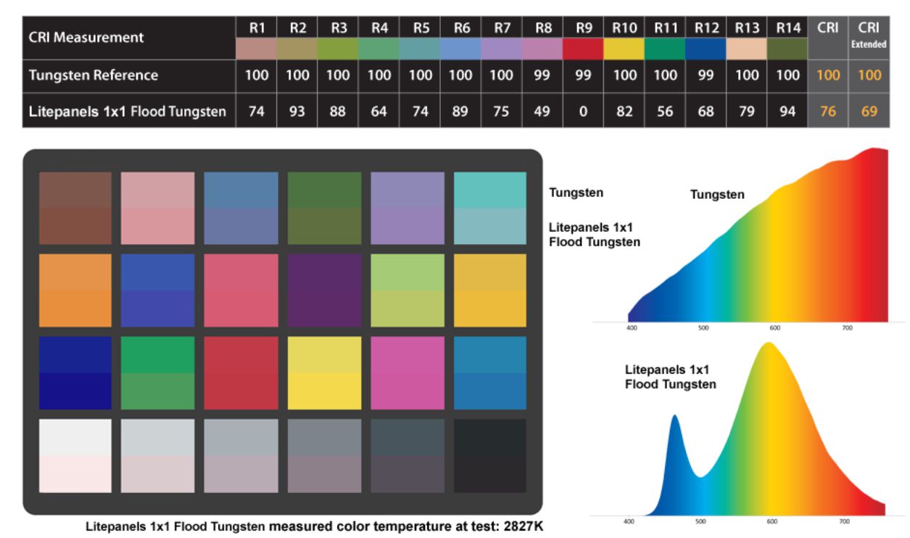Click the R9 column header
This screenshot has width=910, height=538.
(583, 28)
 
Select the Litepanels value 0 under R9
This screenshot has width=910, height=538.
(583, 111)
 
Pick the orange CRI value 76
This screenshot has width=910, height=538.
(827, 111)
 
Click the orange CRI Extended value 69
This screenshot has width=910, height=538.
(869, 111)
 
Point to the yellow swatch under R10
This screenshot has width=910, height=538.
(624, 49)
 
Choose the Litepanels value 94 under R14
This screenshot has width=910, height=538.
(787, 111)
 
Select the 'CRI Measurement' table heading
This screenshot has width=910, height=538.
(86, 37)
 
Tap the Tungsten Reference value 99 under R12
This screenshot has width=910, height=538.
(706, 76)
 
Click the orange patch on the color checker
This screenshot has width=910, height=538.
(75, 290)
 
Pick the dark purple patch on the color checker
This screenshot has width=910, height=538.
(324, 290)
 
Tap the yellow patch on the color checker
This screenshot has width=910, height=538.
(324, 372)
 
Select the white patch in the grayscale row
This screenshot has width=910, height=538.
(75, 455)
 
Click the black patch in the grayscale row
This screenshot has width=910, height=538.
(490, 455)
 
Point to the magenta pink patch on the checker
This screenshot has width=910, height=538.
(408, 372)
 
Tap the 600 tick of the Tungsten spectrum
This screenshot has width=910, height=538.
(775, 328)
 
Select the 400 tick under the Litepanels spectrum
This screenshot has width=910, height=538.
(629, 521)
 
